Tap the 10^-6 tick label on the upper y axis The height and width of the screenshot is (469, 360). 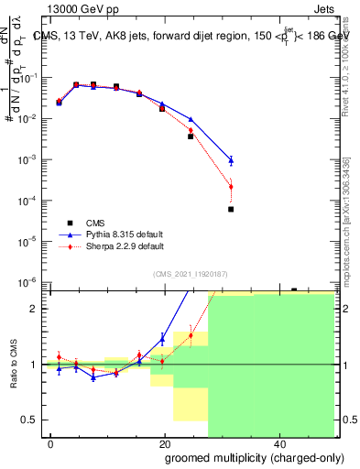point(31,281)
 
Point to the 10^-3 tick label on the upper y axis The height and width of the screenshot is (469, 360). point(31,159)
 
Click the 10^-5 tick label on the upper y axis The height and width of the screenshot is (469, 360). point(31,241)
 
